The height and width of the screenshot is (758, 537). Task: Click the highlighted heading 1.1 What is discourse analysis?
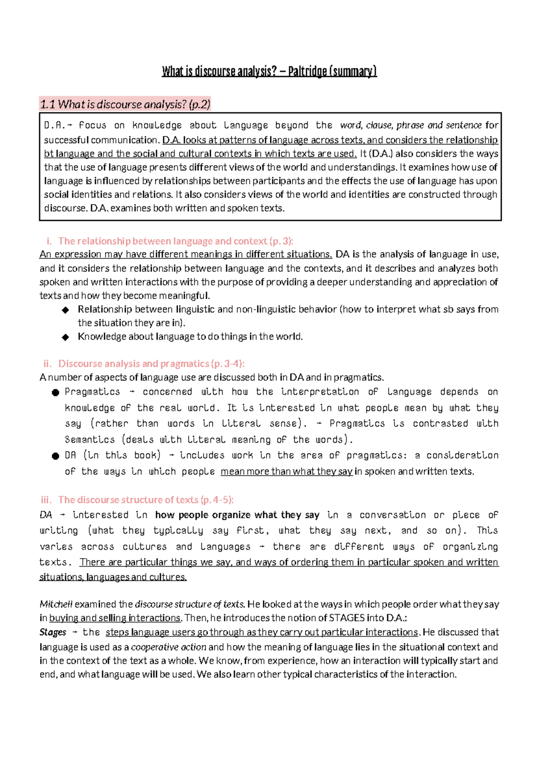125,105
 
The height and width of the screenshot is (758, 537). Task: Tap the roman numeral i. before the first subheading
49,241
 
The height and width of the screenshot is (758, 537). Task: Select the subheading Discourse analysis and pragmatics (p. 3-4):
151,364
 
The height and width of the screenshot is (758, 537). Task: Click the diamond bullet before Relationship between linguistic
66,310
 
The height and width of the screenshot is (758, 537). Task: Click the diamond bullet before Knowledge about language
66,337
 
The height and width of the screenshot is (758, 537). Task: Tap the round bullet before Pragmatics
55,392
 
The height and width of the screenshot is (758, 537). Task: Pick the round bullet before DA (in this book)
55,456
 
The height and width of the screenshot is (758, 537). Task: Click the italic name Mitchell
56,604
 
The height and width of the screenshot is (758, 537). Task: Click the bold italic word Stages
53,632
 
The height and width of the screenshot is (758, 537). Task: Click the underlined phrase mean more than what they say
287,472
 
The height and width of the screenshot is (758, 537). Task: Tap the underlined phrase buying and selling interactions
115,618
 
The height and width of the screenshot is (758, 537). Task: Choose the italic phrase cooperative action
169,647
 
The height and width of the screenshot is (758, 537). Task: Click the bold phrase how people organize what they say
237,515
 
